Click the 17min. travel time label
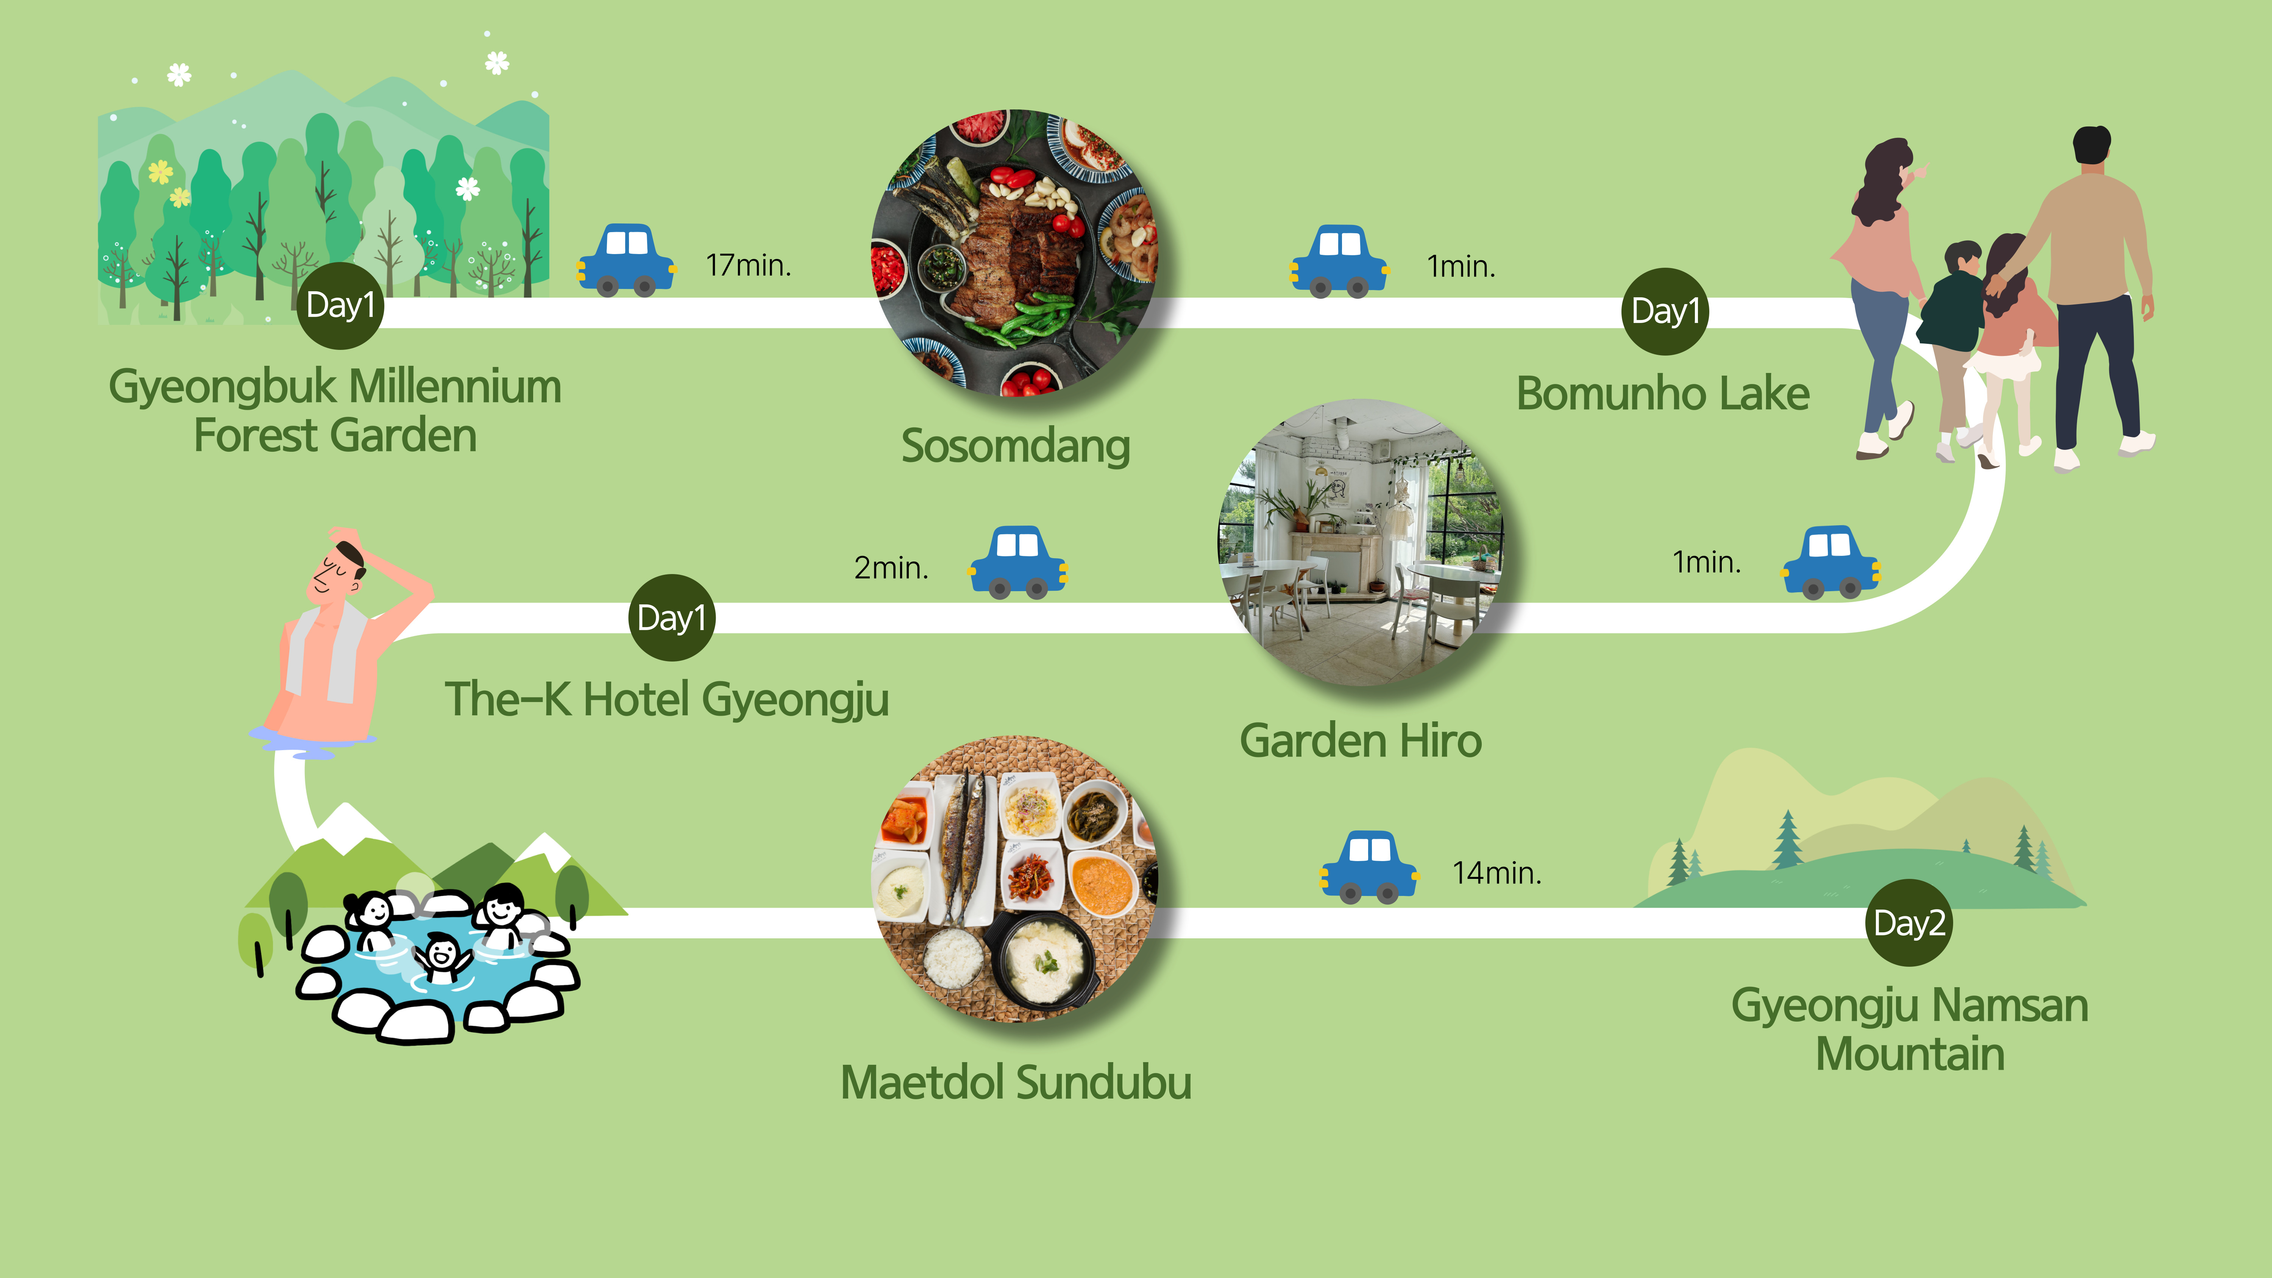coord(748,265)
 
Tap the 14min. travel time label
coord(1497,873)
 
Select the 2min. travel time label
coord(891,567)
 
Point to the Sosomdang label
coord(1015,446)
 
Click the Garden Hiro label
coord(1360,741)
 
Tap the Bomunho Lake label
coord(1663,393)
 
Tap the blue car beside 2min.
coord(1019,563)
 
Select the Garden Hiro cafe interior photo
coord(1361,542)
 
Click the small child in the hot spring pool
coord(441,957)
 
